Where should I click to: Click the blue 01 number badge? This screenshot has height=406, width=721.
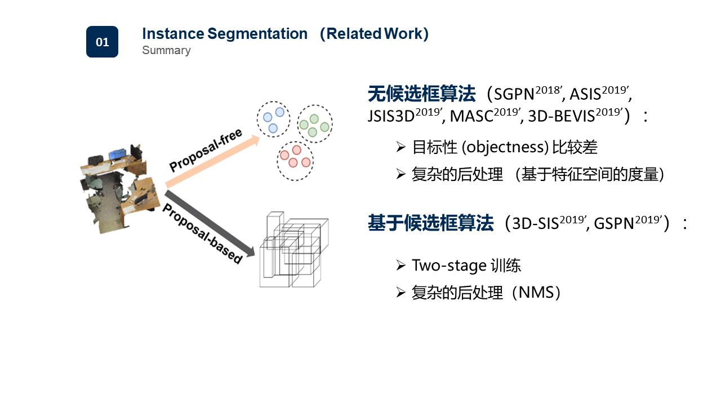click(x=102, y=42)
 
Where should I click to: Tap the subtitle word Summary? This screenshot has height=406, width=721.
click(x=166, y=51)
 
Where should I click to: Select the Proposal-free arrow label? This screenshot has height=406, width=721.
click(x=206, y=151)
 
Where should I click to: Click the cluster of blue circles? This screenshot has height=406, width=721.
click(x=274, y=120)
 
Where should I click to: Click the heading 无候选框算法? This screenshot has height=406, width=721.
click(x=421, y=93)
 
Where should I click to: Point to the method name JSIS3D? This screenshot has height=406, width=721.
click(x=391, y=117)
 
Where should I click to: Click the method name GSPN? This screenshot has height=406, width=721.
click(x=614, y=224)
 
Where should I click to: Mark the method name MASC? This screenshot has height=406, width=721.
click(x=471, y=117)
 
